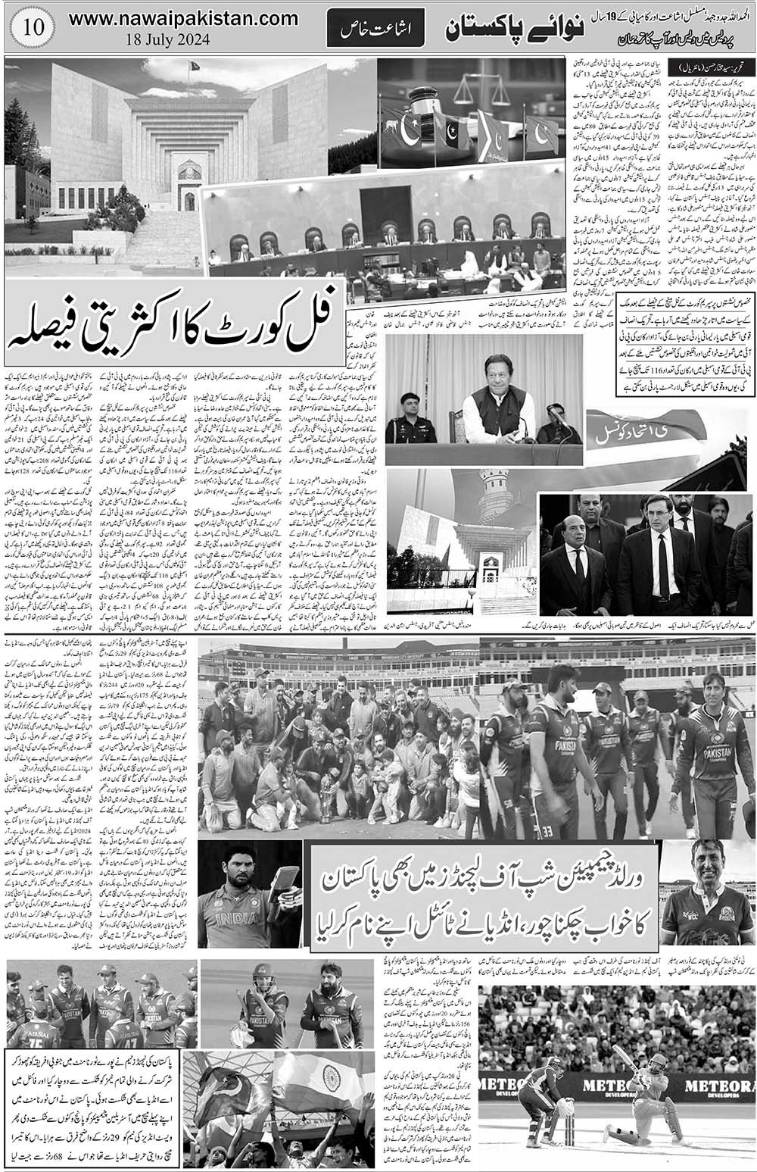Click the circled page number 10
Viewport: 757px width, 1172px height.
(x=30, y=27)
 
